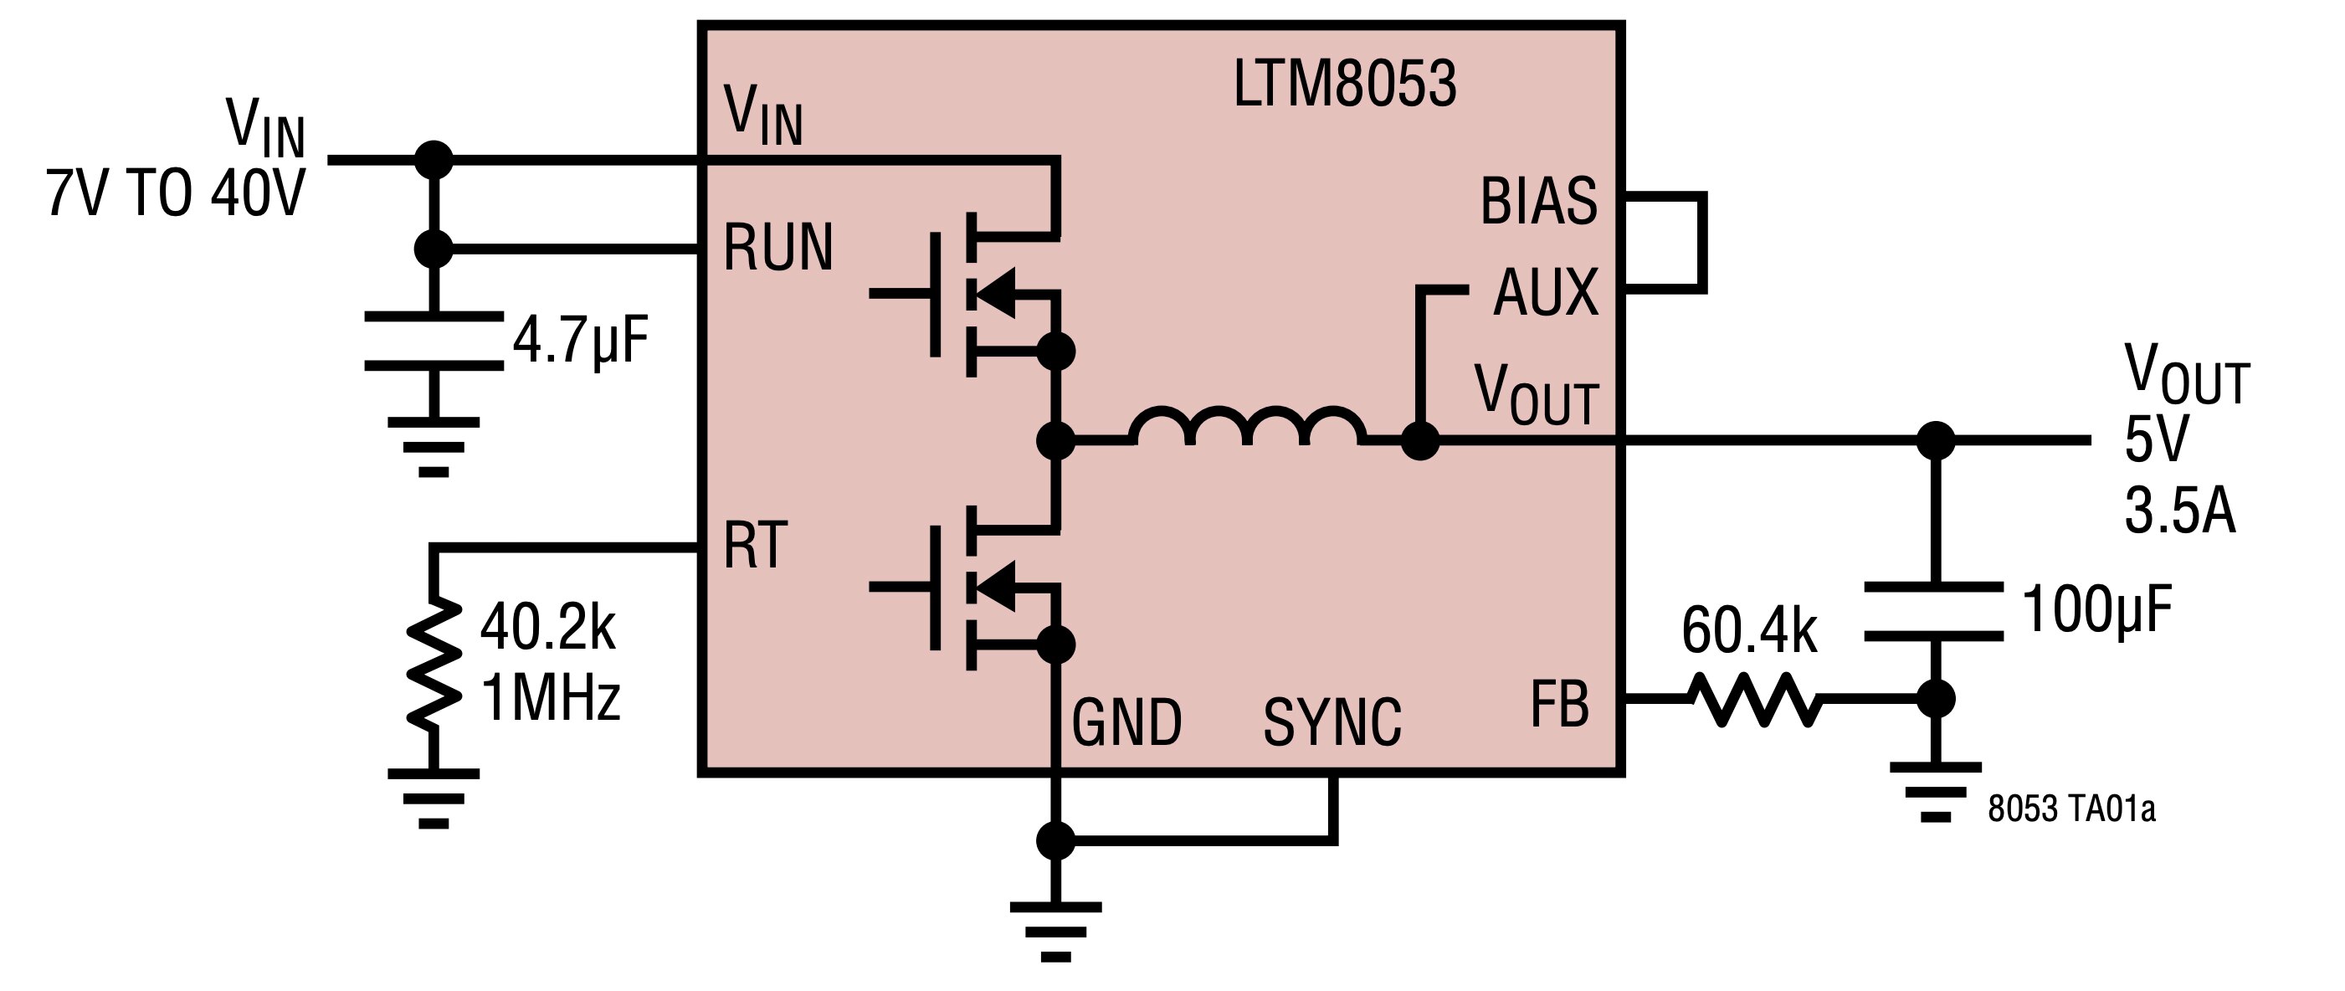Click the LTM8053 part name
click(x=1345, y=84)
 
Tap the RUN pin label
click(x=778, y=248)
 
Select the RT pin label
click(x=755, y=546)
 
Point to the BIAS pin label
click(x=1538, y=201)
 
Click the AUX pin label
click(x=1546, y=292)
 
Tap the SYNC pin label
click(x=1332, y=722)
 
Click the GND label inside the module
click(x=1127, y=722)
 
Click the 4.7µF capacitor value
click(x=581, y=341)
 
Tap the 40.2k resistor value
click(x=548, y=627)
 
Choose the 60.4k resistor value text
click(x=1749, y=629)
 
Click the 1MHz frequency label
click(x=551, y=698)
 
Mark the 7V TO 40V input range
click(x=176, y=194)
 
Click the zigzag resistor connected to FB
click(x=1754, y=699)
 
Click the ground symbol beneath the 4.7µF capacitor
click(x=434, y=447)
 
